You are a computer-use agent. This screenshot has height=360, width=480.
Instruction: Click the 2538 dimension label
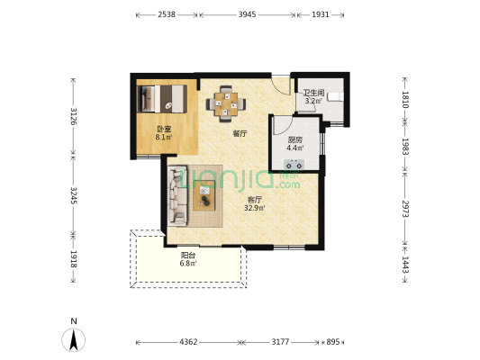pos(167,14)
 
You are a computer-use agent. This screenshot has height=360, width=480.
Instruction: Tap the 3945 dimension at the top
pos(247,14)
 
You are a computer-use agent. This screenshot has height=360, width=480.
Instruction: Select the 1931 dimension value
pos(321,14)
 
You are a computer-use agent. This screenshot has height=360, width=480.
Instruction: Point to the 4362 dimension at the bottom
pos(188,342)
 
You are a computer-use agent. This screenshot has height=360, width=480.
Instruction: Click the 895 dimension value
pos(332,342)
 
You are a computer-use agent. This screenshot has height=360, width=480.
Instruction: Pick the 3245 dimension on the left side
pos(74,195)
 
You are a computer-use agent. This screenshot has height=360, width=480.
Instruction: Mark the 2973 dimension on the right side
pos(405,209)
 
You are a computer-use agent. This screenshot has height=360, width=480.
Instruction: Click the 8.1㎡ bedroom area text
pos(164,138)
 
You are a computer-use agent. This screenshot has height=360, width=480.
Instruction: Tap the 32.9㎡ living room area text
pos(254,208)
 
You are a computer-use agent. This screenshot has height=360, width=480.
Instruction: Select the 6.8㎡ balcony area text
pos(188,264)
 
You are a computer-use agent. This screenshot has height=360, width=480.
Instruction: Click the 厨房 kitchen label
pos(295,140)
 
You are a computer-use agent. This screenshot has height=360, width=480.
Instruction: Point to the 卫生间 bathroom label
pos(313,93)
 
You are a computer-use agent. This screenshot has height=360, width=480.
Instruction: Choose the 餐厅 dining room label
pos(240,133)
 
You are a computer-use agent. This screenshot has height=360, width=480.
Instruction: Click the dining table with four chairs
pos(226,103)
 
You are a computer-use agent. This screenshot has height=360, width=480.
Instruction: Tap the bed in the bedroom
pos(162,99)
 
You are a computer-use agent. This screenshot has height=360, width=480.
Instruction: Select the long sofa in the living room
pos(177,196)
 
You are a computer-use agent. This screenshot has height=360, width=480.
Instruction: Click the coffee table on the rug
pos(204,195)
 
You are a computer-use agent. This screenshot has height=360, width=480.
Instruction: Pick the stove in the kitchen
pos(294,165)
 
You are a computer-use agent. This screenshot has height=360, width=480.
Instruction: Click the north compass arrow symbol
pos(74,339)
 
